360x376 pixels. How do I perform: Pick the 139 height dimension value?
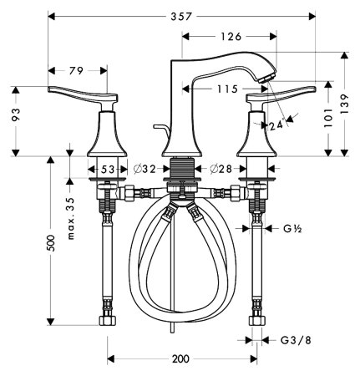342,100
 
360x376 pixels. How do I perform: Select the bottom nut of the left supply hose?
109,322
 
